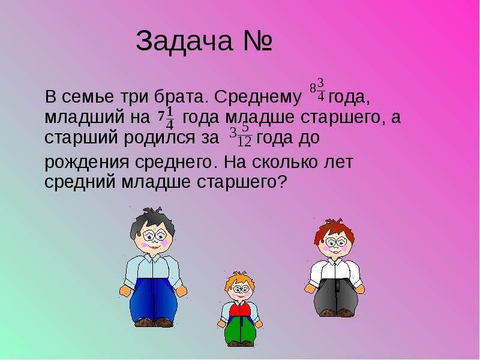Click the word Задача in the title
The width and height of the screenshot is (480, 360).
point(184,41)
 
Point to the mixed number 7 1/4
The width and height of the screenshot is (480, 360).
point(166,118)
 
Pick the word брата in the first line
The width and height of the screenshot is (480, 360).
point(178,97)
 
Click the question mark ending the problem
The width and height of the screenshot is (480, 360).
point(282,182)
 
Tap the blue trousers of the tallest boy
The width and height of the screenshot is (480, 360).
point(153,299)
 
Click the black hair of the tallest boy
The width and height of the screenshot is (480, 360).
point(152,221)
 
